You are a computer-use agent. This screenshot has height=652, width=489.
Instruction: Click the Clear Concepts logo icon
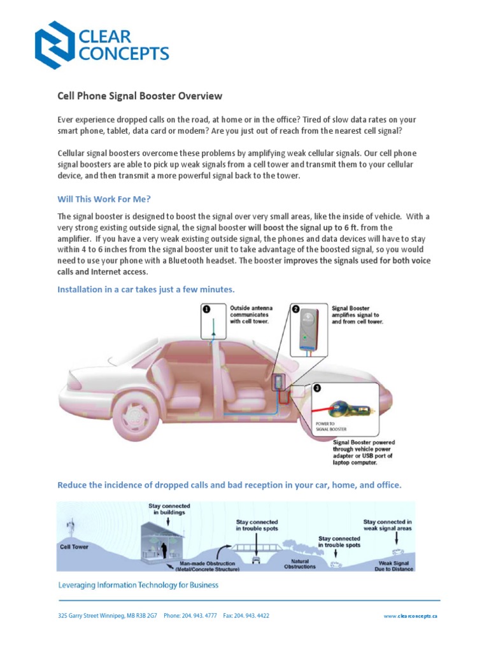pyautogui.click(x=54, y=44)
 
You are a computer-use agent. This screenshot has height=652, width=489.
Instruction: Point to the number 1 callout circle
pyautogui.click(x=206, y=309)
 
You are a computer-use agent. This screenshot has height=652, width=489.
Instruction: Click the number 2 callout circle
pyautogui.click(x=295, y=309)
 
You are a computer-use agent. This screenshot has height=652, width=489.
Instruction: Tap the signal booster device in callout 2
pyautogui.click(x=309, y=332)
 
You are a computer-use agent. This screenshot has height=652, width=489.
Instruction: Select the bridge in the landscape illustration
pyautogui.click(x=257, y=548)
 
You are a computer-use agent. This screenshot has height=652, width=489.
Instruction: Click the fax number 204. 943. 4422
pyautogui.click(x=253, y=616)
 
